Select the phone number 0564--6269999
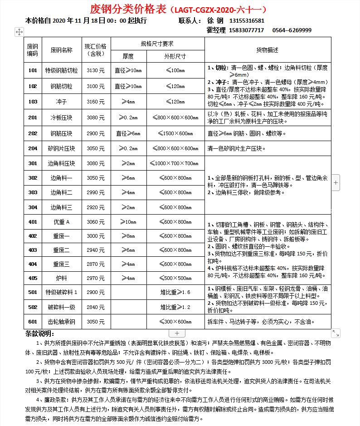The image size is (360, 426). [x=292, y=30]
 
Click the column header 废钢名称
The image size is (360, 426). [x=61, y=49]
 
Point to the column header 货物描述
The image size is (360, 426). [x=268, y=49]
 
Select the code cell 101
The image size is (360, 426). [x=33, y=70]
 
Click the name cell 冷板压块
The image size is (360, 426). [x=61, y=118]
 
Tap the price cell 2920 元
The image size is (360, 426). [x=95, y=207]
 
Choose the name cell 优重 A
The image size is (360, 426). [x=61, y=222]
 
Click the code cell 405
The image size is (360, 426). [x=33, y=278]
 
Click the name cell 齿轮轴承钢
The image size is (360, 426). [x=61, y=322]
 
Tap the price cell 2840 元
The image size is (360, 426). [x=95, y=307]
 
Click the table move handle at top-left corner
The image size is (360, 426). [x=19, y=32]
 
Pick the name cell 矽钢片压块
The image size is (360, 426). [x=61, y=148]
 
